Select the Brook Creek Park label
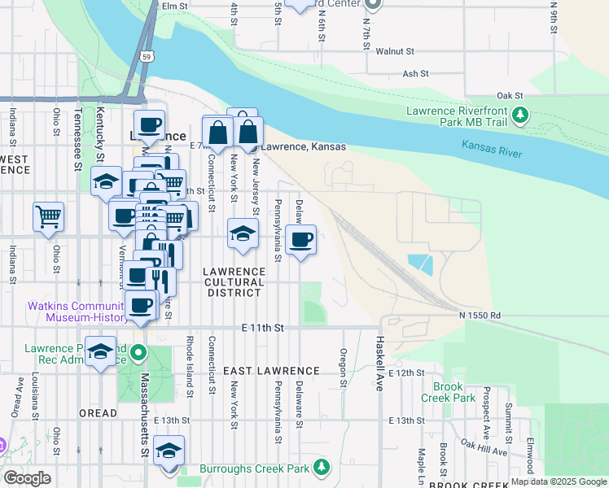448,393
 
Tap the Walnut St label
397,51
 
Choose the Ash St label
415,74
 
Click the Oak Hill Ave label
484,447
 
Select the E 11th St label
262,327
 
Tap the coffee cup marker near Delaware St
301,239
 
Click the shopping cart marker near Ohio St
49,217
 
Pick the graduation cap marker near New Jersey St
242,233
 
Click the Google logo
28,478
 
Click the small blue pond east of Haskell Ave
419,264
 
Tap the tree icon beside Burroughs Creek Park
322,467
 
